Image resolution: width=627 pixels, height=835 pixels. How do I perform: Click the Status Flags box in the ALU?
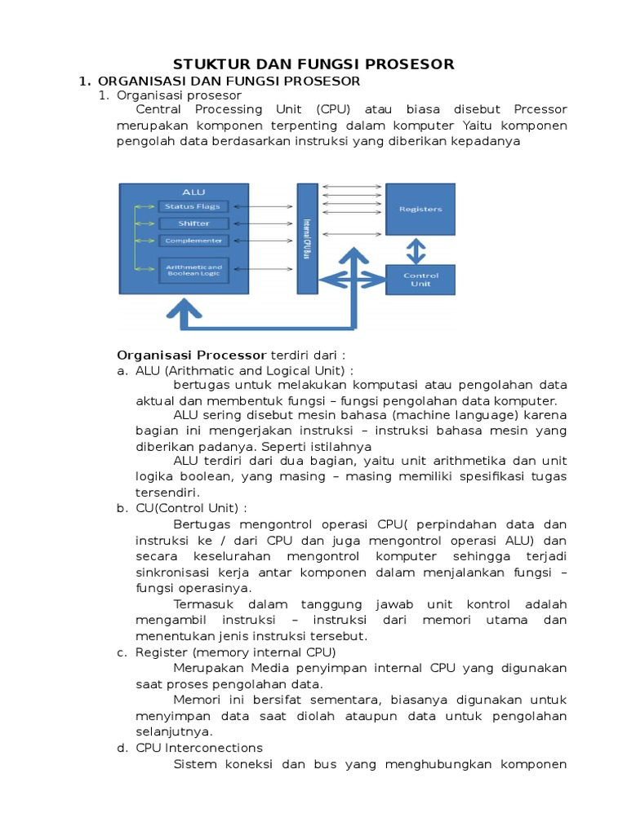193,206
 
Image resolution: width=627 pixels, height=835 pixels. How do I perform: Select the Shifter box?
193,223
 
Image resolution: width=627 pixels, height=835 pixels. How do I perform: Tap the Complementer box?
193,241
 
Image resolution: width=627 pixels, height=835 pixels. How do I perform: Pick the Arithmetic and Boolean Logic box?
193,269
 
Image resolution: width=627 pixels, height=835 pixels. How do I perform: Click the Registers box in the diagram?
420,210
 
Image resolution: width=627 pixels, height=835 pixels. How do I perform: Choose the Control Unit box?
420,280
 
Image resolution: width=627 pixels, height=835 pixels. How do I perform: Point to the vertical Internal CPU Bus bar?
307,238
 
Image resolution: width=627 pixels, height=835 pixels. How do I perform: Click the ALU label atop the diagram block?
193,192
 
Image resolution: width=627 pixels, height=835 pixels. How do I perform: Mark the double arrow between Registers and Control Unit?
416,250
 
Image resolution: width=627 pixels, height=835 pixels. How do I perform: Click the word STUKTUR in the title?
206,64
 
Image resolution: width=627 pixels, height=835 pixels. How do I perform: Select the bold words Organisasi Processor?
192,355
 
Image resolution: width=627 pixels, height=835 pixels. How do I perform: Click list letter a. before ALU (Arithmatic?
122,370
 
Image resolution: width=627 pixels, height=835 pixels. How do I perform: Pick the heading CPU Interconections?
199,747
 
